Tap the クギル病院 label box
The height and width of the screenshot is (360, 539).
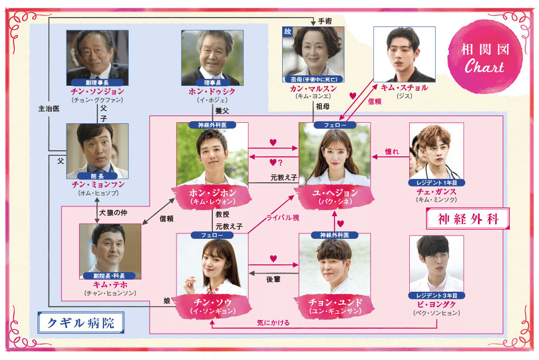(x=80, y=323)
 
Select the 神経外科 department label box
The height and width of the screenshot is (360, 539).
(x=468, y=218)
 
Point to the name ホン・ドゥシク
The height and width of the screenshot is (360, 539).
(x=212, y=91)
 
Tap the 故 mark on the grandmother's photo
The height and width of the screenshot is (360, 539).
(x=288, y=31)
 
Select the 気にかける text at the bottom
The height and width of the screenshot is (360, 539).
(x=273, y=322)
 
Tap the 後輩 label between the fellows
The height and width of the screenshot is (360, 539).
(x=273, y=279)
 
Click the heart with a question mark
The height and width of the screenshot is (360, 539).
(x=277, y=162)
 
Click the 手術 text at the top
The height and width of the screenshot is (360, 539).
(x=324, y=21)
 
